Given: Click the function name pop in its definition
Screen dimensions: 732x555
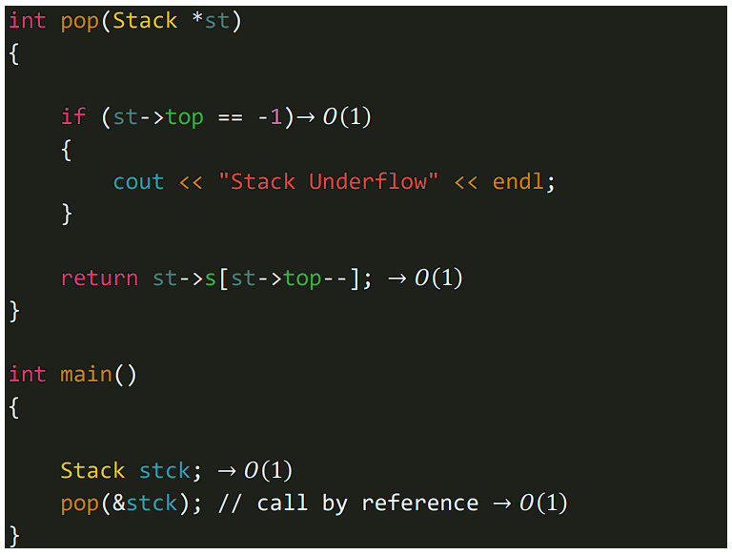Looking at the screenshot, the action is pyautogui.click(x=80, y=21).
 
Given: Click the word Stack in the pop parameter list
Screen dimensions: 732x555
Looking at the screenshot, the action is pyautogui.click(x=145, y=21).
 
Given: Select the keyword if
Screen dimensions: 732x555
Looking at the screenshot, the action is pyautogui.click(x=73, y=117).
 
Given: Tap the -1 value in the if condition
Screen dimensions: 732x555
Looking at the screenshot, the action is pyautogui.click(x=270, y=117).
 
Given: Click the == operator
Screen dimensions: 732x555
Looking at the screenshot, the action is pyautogui.click(x=230, y=117).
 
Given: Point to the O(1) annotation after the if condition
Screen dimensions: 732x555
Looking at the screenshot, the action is pyautogui.click(x=347, y=117).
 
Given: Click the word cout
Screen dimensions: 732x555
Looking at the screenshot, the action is pyautogui.click(x=138, y=182).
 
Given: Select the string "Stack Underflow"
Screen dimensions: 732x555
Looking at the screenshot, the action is pyautogui.click(x=323, y=182).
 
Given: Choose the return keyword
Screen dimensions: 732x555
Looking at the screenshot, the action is pyautogui.click(x=99, y=278).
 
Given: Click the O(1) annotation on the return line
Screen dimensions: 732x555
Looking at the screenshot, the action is pyautogui.click(x=438, y=278).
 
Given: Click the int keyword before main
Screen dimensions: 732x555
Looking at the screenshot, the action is pyautogui.click(x=28, y=375).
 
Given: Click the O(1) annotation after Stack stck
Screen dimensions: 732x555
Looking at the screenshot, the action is pyautogui.click(x=268, y=471).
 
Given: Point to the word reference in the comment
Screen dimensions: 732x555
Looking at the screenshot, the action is pyautogui.click(x=419, y=504).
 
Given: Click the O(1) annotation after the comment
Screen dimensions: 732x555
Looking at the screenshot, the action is pyautogui.click(x=543, y=504).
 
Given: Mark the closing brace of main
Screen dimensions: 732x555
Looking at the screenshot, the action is pyautogui.click(x=13, y=535).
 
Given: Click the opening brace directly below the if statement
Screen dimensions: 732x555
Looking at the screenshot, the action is pyautogui.click(x=67, y=150).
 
